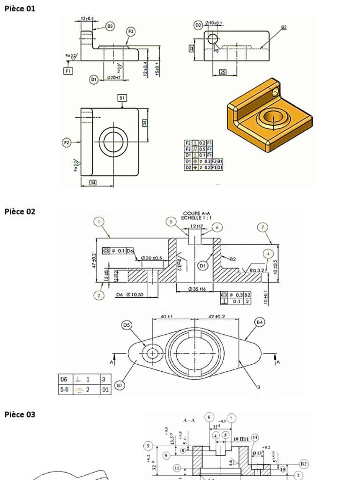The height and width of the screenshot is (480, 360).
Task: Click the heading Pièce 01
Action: point(20,8)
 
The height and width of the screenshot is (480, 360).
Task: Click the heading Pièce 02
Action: point(20,211)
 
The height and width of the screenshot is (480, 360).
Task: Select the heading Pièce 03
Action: point(20,414)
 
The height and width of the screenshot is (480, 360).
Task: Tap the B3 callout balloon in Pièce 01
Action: point(110,27)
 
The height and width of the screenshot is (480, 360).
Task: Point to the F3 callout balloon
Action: point(131,31)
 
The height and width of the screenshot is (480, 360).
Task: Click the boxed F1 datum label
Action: point(68,71)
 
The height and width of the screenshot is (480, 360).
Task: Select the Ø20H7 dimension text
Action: point(113,78)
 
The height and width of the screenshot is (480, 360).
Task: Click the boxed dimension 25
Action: point(223,72)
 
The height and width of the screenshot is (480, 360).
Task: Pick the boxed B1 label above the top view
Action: point(122,98)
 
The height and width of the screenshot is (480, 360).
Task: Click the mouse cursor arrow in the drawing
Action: point(217,48)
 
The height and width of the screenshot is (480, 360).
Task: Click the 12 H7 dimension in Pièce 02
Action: point(196,226)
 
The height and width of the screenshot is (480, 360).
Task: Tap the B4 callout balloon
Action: point(259,322)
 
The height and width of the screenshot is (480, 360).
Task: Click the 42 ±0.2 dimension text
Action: point(217,316)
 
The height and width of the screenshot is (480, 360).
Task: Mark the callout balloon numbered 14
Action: point(255,437)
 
